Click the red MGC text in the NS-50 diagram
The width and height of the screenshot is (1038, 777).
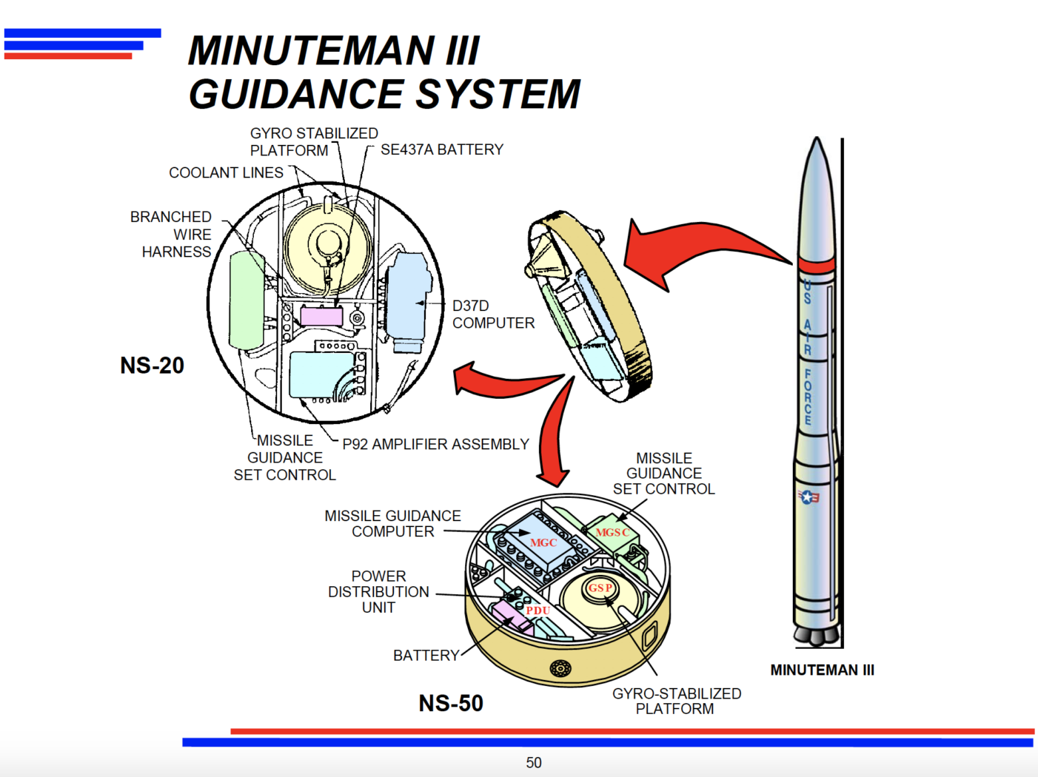pos(543,542)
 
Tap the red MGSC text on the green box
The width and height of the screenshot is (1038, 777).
pos(612,532)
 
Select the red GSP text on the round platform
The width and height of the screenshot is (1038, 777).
pos(600,588)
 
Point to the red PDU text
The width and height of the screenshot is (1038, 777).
pos(538,610)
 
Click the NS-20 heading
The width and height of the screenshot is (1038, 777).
pos(152,366)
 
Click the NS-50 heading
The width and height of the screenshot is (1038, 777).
pos(450,703)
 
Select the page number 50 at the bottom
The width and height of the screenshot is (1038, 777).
pos(534,762)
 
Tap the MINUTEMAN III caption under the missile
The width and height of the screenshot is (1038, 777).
pos(822,670)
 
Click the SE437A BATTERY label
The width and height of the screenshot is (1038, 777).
pos(441,149)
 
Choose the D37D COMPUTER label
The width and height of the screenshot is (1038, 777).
pos(492,314)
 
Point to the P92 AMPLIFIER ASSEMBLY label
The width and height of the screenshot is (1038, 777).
pos(435,444)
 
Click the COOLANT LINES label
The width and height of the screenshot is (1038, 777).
pos(226,172)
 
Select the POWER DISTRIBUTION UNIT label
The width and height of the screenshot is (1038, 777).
pos(378,591)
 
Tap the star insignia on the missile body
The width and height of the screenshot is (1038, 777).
pos(807,497)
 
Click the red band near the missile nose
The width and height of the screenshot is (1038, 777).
pos(816,264)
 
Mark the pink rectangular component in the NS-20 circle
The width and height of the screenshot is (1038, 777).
pos(321,317)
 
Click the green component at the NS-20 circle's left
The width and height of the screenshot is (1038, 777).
pos(247,300)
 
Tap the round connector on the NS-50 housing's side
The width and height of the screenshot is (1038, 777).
pos(560,668)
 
